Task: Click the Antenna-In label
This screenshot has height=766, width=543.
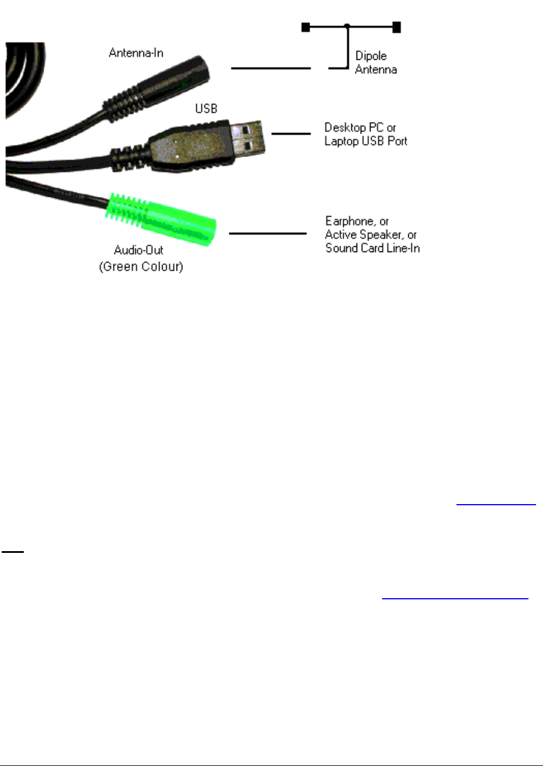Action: click(x=136, y=53)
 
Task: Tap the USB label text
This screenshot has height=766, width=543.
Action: click(x=206, y=109)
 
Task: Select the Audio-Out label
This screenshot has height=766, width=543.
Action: click(x=138, y=250)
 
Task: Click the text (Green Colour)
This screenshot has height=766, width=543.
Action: click(x=141, y=267)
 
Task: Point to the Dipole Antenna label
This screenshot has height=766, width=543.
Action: click(x=376, y=63)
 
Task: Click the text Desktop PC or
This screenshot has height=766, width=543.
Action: click(x=360, y=127)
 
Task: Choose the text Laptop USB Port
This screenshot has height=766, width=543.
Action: click(x=366, y=141)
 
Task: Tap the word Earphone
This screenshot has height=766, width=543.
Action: click(x=350, y=221)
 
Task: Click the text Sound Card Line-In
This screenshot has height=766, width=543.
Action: click(x=372, y=248)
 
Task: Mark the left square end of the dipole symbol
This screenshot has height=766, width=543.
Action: click(x=306, y=27)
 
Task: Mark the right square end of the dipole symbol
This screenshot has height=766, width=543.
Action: click(x=397, y=27)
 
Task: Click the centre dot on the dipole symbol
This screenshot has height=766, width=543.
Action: click(x=347, y=26)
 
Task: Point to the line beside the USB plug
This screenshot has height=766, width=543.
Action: click(x=291, y=134)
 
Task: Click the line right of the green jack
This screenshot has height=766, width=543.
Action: click(x=268, y=233)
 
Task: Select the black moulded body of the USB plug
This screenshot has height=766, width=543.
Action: click(x=186, y=149)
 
